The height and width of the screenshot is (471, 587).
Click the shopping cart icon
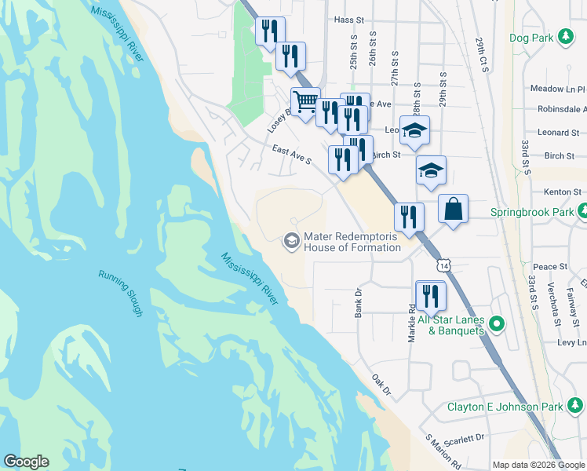(304, 101)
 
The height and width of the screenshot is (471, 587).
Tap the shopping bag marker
(453, 209)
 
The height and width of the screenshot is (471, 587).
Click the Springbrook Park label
(532, 211)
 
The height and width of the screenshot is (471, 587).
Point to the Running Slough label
(120, 293)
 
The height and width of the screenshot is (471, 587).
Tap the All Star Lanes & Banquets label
(450, 325)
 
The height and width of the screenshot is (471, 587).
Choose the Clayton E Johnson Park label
(505, 407)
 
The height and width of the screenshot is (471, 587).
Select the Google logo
(26, 462)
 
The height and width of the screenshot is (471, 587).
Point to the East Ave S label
(292, 155)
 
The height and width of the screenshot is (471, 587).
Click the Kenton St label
(562, 192)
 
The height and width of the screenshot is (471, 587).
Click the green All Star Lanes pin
(496, 323)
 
